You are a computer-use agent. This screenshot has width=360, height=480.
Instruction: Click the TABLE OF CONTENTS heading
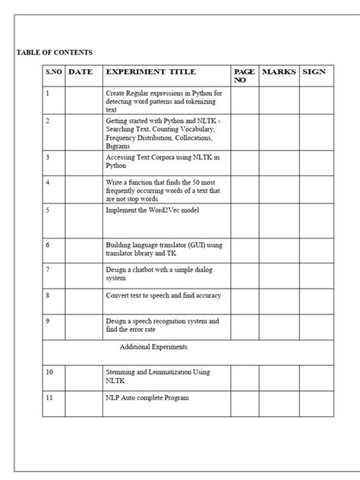click(55, 52)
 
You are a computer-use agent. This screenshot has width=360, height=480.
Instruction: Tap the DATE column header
click(81, 72)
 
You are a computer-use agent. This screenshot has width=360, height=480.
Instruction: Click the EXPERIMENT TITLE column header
click(150, 72)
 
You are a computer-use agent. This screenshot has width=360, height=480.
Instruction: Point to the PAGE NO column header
click(244, 75)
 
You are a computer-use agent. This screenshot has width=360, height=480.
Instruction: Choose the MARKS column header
click(278, 72)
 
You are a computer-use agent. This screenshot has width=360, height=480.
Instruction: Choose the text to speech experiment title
click(163, 295)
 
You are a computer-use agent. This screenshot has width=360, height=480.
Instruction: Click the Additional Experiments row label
click(154, 347)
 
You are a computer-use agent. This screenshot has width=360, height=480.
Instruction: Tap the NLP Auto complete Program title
click(147, 397)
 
